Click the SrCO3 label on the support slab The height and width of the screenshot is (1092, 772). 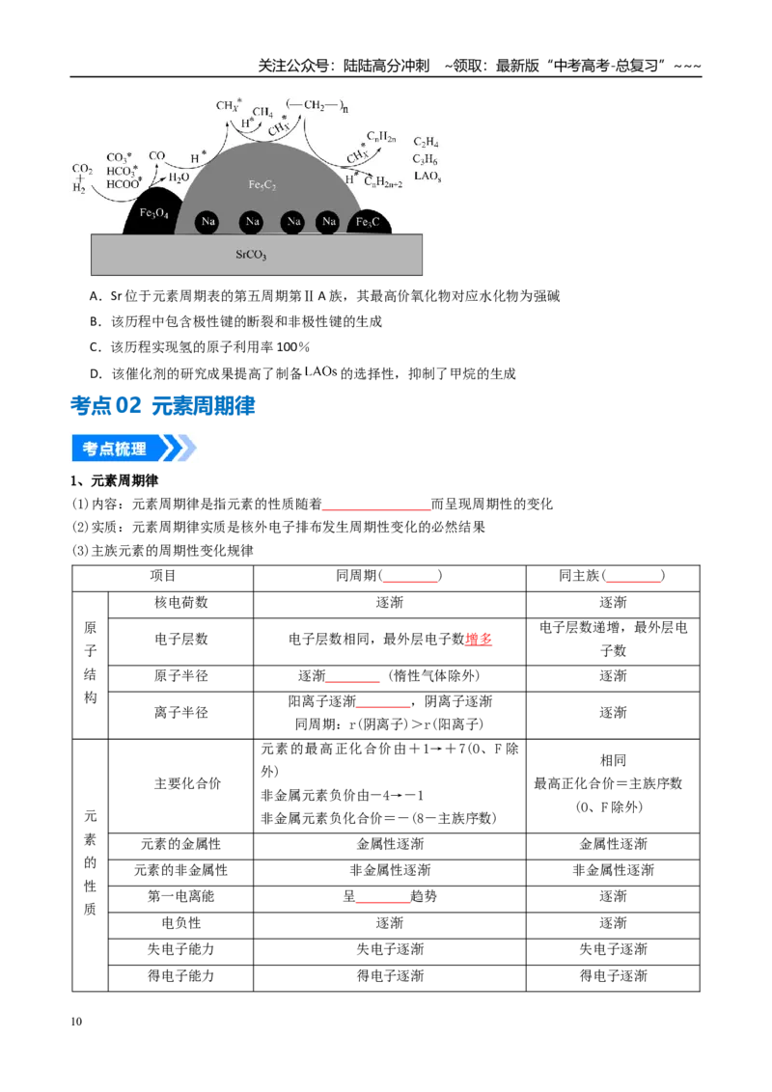(251, 255)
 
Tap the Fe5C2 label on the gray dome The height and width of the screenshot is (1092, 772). (262, 185)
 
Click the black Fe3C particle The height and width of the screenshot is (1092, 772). (368, 222)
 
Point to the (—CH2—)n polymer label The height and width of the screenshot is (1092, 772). (317, 106)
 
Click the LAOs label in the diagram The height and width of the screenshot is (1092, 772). (427, 177)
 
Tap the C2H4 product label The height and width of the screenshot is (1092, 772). (426, 142)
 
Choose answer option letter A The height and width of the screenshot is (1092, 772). (95, 296)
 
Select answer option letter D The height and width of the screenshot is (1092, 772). (96, 374)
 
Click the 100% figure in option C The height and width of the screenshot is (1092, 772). (293, 347)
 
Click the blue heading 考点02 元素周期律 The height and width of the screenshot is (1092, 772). (163, 405)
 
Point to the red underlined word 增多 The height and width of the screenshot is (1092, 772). (479, 639)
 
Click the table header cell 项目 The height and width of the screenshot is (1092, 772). (163, 575)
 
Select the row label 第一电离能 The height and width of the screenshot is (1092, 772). (181, 896)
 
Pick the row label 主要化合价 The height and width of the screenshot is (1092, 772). (187, 783)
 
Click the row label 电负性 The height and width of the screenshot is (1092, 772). (181, 923)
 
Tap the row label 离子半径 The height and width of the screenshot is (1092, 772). (181, 713)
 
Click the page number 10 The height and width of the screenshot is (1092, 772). (76, 1022)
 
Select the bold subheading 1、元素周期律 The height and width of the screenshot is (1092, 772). (114, 480)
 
